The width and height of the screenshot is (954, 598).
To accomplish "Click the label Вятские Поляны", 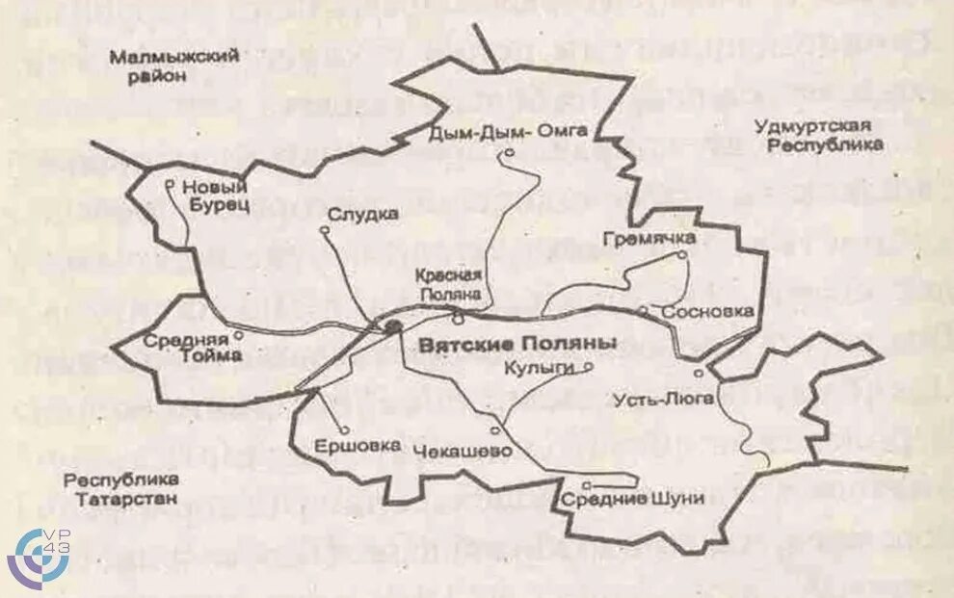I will (517, 344).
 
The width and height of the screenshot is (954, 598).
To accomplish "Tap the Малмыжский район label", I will (173, 66).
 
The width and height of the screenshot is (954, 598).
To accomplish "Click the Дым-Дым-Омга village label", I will (508, 132).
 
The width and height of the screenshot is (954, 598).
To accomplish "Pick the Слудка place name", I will (362, 214).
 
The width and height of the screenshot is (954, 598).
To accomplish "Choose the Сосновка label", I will (706, 312).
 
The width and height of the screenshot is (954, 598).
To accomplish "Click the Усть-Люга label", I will (663, 399).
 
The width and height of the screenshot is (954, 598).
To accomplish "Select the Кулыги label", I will (539, 368).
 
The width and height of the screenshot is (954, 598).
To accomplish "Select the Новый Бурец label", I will (216, 195).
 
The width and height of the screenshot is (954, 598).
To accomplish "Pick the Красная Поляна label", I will (448, 284).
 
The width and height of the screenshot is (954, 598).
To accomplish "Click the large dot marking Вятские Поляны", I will (392, 327).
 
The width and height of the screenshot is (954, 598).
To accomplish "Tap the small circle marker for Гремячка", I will (680, 255).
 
